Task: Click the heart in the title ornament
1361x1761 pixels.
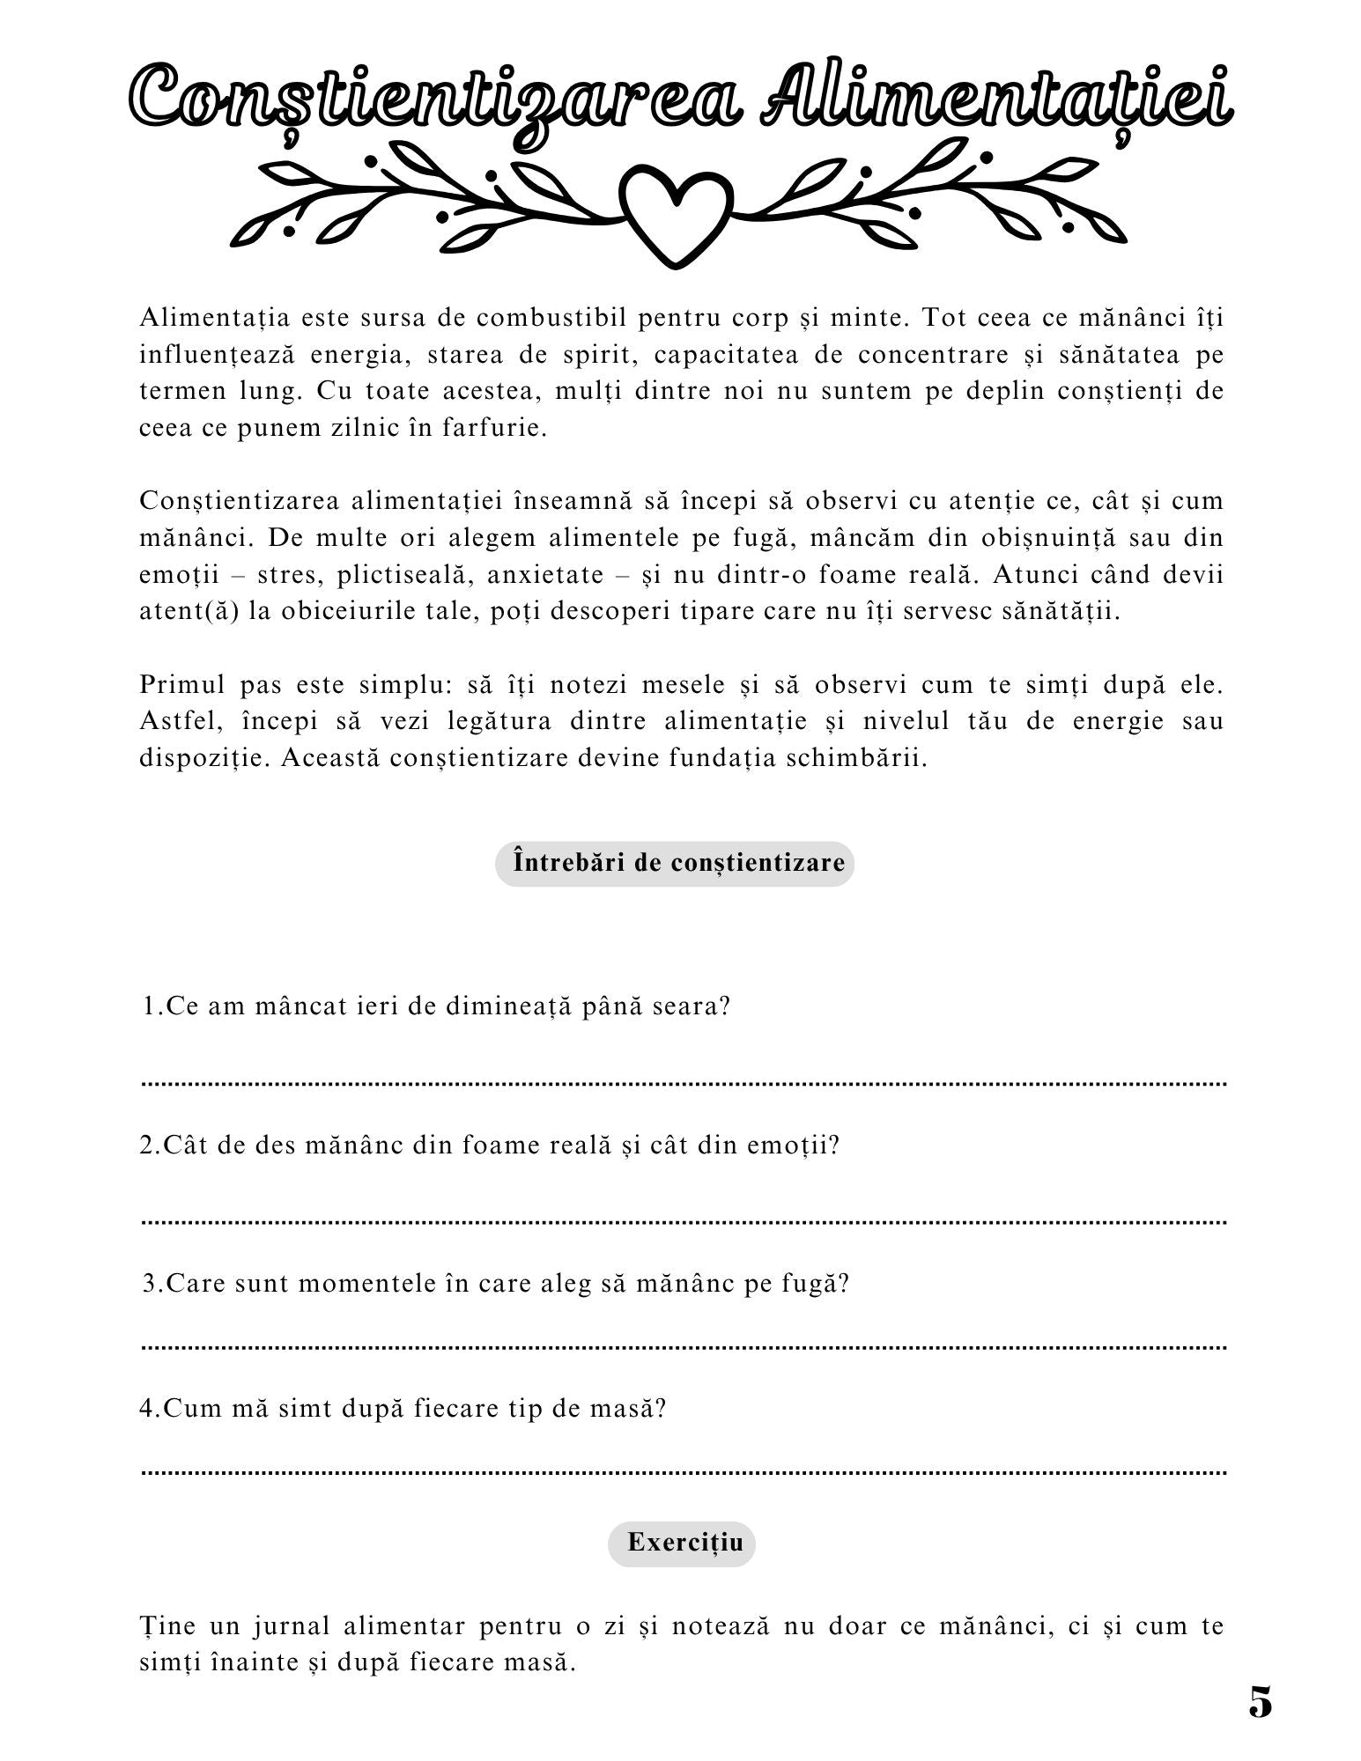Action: click(676, 214)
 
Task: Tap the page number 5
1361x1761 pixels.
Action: click(1260, 1703)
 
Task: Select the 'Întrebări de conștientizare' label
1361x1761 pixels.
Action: click(675, 862)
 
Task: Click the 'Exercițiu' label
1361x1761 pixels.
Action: click(681, 1542)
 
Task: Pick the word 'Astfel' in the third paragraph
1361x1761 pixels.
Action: click(177, 721)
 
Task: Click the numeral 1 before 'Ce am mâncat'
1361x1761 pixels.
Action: click(149, 1006)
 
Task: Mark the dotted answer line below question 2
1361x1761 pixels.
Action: click(684, 1222)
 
